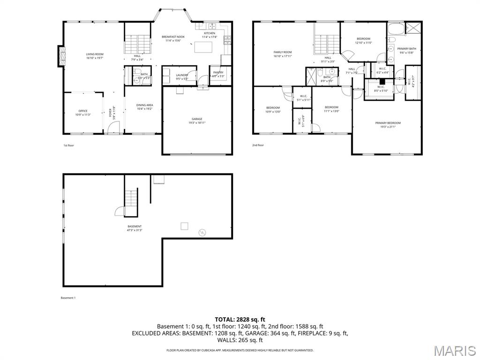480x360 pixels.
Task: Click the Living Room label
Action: point(94,56)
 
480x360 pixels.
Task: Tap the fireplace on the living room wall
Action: point(61,56)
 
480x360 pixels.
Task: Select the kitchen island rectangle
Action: point(203,47)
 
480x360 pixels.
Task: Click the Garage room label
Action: point(197,121)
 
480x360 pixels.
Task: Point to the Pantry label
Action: point(218,74)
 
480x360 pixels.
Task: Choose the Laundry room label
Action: point(182,76)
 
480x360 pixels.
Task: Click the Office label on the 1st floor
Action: point(83,113)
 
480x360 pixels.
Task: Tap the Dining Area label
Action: point(144,107)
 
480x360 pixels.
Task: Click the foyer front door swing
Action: point(116,127)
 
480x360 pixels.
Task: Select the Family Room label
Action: point(283,54)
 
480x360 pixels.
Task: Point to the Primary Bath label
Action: point(406,51)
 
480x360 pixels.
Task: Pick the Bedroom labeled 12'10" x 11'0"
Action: point(363,41)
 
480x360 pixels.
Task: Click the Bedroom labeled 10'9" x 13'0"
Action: point(273,110)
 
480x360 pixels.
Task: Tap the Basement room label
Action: point(134,228)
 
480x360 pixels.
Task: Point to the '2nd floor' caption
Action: point(258,145)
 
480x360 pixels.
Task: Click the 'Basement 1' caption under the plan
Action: point(68,298)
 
